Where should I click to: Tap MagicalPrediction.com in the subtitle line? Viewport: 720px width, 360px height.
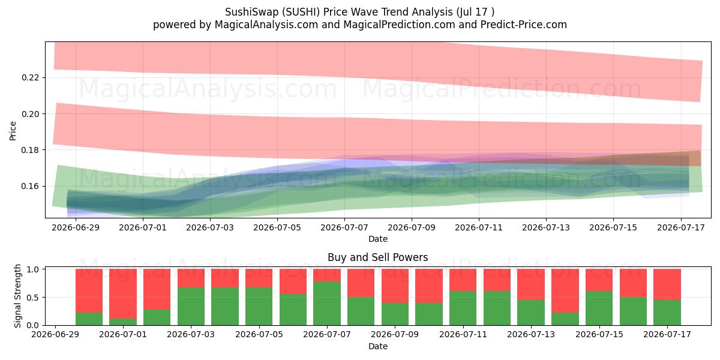pyautogui.click(x=399, y=25)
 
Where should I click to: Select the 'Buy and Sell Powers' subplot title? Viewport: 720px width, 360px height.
pyautogui.click(x=377, y=257)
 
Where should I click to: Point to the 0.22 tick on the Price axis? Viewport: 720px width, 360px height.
pyautogui.click(x=30, y=78)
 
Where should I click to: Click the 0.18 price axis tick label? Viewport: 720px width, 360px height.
pyautogui.click(x=30, y=150)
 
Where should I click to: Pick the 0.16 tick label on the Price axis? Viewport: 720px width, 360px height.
pyautogui.click(x=30, y=186)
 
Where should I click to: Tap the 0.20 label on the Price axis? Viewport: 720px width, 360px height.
pyautogui.click(x=30, y=114)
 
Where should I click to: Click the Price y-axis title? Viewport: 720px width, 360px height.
pyautogui.click(x=13, y=131)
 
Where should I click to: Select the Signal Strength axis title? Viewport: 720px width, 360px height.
pyautogui.click(x=17, y=296)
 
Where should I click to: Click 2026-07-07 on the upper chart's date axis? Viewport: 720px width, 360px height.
pyautogui.click(x=344, y=227)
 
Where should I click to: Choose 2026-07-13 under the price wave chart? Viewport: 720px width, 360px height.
pyautogui.click(x=546, y=227)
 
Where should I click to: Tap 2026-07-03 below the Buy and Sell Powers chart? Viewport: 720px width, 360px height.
pyautogui.click(x=191, y=334)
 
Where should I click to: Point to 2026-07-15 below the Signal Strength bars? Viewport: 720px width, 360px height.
pyautogui.click(x=599, y=334)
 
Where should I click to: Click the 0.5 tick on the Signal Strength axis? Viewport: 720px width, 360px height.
pyautogui.click(x=33, y=298)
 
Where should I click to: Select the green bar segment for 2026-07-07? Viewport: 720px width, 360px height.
pyautogui.click(x=327, y=304)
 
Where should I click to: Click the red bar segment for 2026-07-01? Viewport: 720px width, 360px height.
pyautogui.click(x=123, y=294)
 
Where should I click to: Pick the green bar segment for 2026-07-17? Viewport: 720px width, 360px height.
pyautogui.click(x=667, y=313)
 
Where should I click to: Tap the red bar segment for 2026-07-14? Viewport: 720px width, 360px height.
pyautogui.click(x=565, y=291)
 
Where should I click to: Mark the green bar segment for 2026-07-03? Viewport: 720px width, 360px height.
pyautogui.click(x=191, y=307)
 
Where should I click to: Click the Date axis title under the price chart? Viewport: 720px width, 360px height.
pyautogui.click(x=378, y=239)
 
